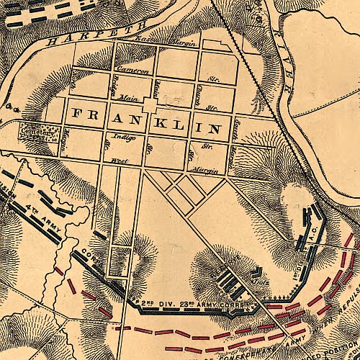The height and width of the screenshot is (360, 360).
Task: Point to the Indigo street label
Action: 115,136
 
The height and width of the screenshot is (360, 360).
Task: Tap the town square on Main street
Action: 150,106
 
